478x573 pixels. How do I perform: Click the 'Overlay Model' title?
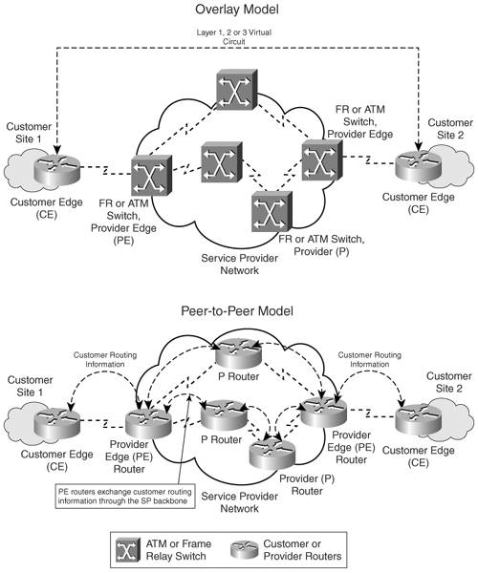coord(237,10)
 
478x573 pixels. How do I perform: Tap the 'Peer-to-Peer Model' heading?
coord(237,311)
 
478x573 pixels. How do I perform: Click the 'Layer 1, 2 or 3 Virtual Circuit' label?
coord(234,37)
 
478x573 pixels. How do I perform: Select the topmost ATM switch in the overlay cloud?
coord(237,90)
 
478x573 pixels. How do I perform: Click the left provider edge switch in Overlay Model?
coord(151,175)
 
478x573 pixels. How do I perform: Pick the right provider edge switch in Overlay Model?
coord(322,160)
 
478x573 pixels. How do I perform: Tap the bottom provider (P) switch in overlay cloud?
coord(272,212)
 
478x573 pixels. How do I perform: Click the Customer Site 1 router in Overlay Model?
coord(56,170)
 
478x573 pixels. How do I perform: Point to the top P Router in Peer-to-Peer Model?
coord(238,353)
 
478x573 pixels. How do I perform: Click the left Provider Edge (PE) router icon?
coord(148,423)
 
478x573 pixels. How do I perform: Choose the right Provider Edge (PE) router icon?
coord(323,412)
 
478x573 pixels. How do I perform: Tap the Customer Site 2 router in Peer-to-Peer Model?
coord(418,420)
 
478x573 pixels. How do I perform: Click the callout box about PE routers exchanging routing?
coord(125,497)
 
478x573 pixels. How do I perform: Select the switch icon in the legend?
coord(128,550)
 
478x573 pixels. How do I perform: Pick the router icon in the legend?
coord(244,550)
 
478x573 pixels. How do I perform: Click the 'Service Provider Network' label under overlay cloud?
coord(240,265)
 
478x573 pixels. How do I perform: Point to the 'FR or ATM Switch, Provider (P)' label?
coord(321,245)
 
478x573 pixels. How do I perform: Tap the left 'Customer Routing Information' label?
coord(105,360)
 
